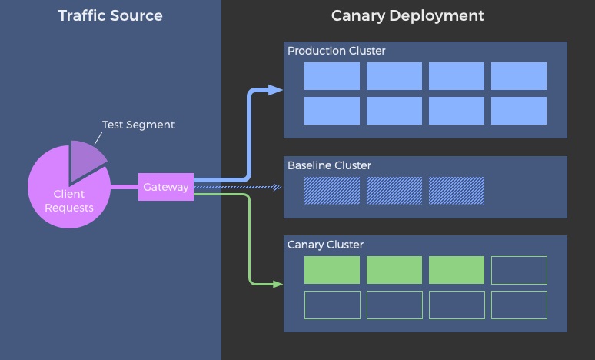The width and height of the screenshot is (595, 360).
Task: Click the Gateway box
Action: coord(166,187)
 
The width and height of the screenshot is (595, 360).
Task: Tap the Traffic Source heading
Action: coord(110,15)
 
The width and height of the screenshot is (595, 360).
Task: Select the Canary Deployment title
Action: coord(407,15)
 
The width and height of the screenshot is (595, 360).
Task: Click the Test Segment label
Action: coord(138,125)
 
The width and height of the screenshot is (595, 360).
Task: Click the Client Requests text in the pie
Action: coord(69,201)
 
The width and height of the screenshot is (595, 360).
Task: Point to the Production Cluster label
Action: coord(336,51)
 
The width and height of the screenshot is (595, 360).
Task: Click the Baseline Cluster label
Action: coord(329,165)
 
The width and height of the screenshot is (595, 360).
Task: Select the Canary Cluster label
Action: coord(325,245)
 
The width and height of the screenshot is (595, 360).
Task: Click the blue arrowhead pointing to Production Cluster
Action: coord(276,90)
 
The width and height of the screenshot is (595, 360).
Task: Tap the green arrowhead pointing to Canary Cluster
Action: coord(278,284)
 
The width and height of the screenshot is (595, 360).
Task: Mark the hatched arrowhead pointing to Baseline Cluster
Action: coord(278,187)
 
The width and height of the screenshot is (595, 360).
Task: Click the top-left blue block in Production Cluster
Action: coord(332,76)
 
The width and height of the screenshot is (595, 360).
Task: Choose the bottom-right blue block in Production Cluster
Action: coord(519,111)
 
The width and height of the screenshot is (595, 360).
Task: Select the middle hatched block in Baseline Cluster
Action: coord(394,191)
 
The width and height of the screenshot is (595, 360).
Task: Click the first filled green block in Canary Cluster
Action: coord(332,270)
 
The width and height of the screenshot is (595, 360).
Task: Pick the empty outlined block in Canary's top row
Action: coord(519,270)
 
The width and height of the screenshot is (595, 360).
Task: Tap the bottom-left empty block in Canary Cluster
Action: coord(332,305)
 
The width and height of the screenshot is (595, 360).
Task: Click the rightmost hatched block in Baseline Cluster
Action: coord(457,191)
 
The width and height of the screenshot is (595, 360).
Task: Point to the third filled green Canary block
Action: coord(457,270)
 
